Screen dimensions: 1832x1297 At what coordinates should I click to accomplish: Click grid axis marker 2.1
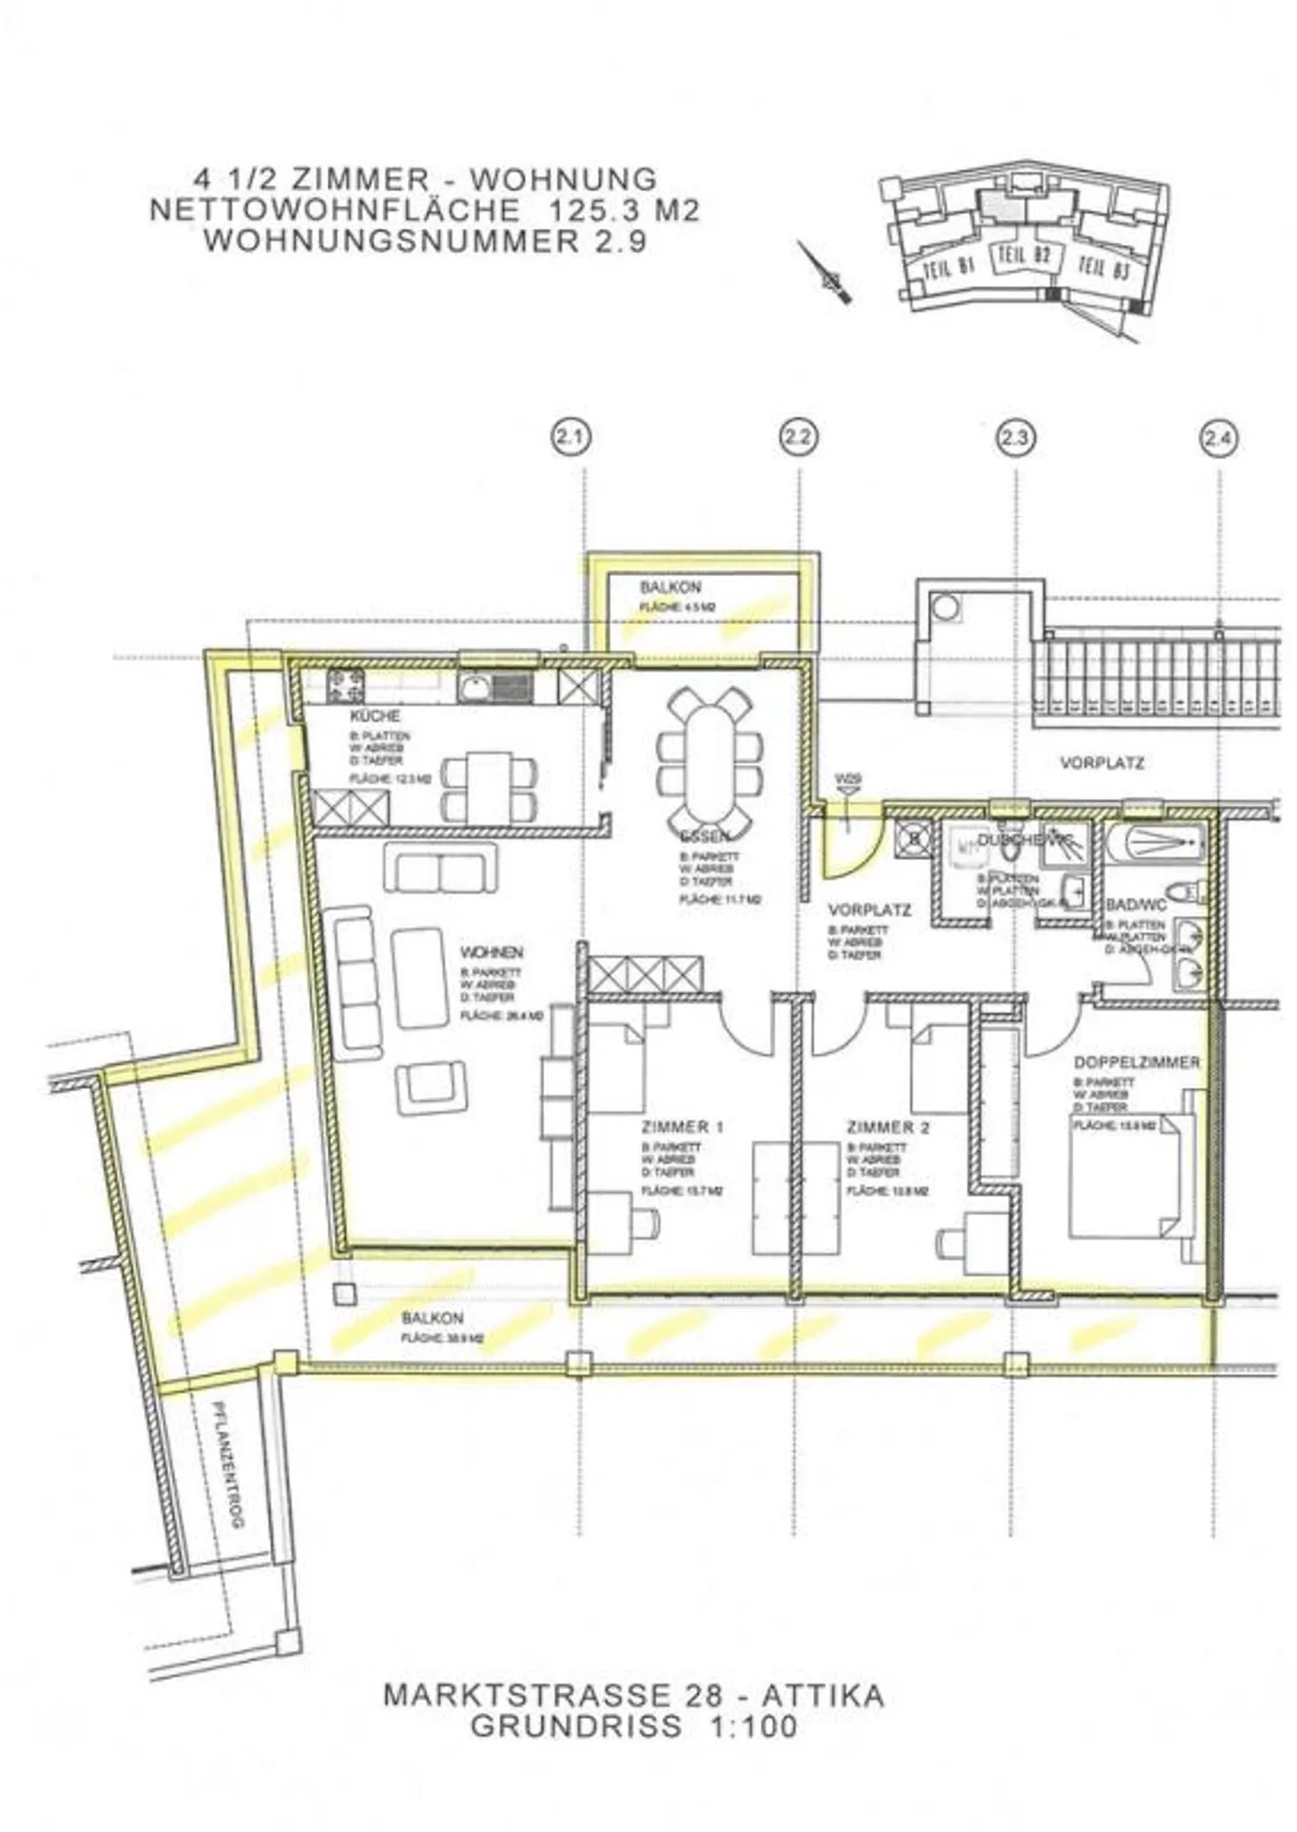pos(569,439)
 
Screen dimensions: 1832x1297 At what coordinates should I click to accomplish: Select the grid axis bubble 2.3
pos(1014,439)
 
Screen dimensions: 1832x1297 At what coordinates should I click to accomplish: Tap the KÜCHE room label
pos(375,716)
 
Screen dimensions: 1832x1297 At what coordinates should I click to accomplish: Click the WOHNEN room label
pos(491,952)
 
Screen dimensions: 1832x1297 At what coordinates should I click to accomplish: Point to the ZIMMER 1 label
pos(683,1127)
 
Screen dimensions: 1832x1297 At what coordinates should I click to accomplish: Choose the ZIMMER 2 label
pos(888,1127)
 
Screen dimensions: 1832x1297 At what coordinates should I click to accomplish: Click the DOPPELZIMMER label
pos(1137,1062)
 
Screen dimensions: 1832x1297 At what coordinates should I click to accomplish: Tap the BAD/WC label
pos(1135,904)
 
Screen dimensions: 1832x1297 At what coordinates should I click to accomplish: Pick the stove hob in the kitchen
pos(346,686)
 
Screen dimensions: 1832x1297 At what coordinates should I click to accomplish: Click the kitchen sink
pos(494,689)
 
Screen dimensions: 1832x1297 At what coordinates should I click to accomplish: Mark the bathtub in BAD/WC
pos(1156,843)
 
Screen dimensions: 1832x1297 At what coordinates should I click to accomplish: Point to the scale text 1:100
pos(746,1726)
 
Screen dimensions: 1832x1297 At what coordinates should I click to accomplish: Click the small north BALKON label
pos(670,588)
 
